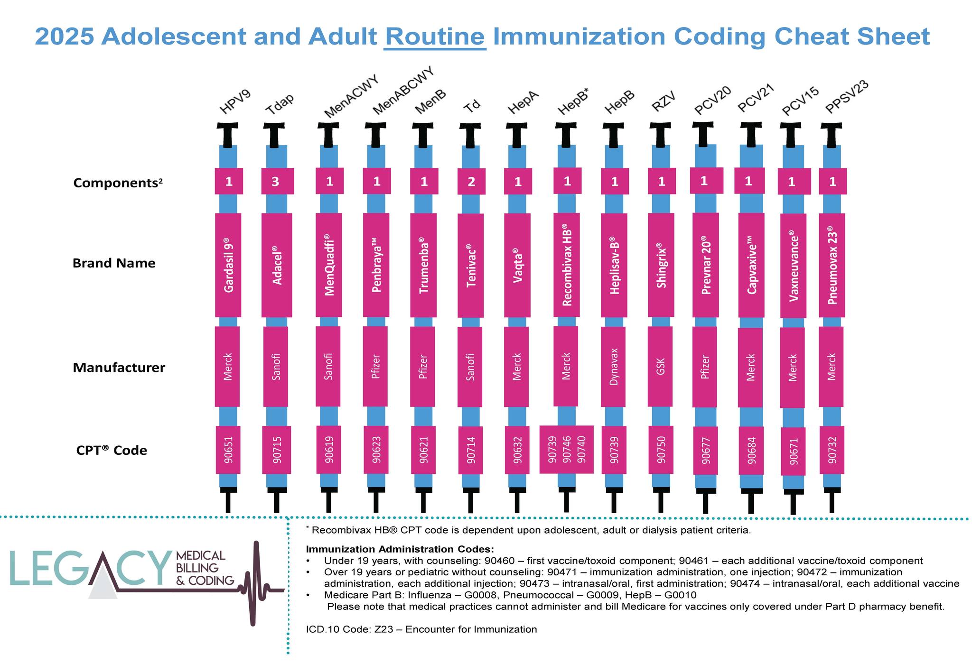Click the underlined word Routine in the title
435,37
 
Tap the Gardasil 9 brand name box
228,265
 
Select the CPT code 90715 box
277,450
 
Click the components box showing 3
277,181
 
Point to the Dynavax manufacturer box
613,367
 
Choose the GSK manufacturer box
660,367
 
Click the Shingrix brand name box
661,265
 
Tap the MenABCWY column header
403,91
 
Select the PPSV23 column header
847,97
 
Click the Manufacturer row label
119,368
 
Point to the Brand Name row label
114,263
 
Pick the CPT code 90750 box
661,450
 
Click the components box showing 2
471,182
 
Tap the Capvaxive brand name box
751,265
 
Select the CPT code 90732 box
832,450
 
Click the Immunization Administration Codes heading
400,550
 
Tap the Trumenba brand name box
423,265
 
